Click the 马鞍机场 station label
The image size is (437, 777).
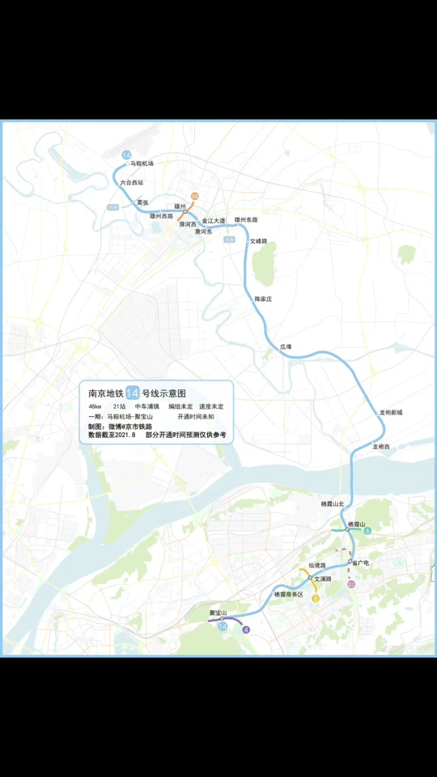click(142, 163)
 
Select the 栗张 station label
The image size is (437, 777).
click(142, 202)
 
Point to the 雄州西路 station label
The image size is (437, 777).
click(162, 216)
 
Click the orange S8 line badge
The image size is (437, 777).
click(194, 197)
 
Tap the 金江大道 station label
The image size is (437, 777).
click(214, 220)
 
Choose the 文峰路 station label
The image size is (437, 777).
click(258, 240)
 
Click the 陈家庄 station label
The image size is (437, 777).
click(263, 299)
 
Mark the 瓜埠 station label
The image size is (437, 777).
click(286, 346)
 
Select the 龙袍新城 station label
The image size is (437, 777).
click(391, 412)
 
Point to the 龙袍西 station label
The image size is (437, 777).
click(380, 447)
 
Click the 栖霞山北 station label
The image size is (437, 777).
click(333, 503)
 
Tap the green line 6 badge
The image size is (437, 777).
click(367, 531)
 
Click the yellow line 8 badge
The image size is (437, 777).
click(316, 598)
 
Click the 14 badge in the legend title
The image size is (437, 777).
click(133, 393)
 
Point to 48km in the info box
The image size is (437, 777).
click(95, 406)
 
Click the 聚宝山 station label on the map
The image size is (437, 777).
click(218, 613)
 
